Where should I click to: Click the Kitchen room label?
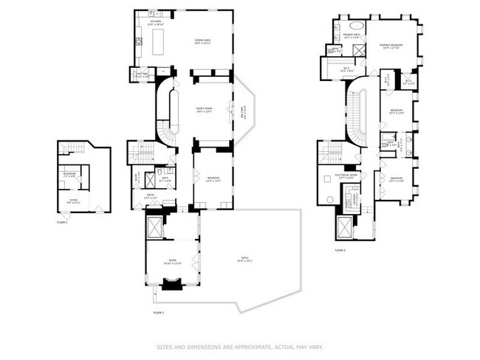pos(156,23)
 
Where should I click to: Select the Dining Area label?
pos(202,42)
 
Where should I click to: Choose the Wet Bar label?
pos(143,74)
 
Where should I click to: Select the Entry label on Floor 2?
pos(150,197)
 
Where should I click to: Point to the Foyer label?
pos(73,201)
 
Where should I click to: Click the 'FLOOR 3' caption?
pos(339,251)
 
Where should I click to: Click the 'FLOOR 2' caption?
pos(157,312)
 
